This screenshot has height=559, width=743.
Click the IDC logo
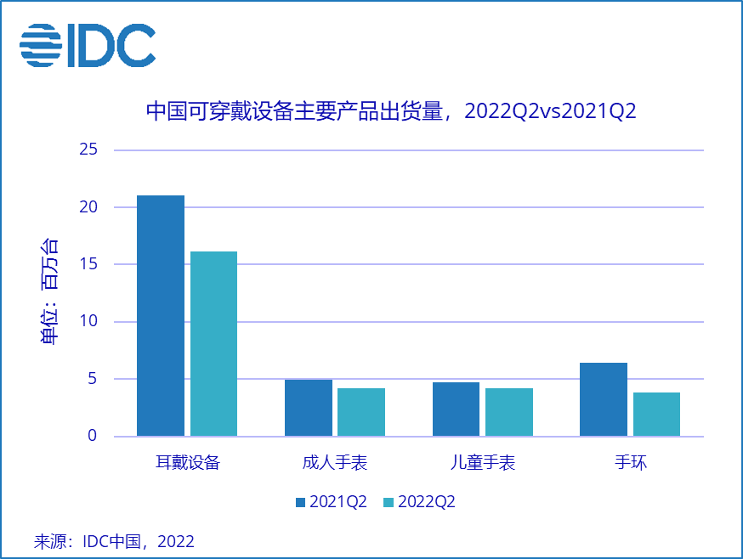click(x=88, y=45)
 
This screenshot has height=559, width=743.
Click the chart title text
click(x=391, y=112)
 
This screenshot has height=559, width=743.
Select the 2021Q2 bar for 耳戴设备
click(x=161, y=315)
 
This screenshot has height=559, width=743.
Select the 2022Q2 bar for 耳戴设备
click(x=213, y=343)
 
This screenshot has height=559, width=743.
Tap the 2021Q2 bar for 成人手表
click(x=308, y=408)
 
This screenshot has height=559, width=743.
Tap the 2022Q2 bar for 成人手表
click(x=361, y=412)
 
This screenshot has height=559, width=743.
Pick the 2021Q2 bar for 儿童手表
click(x=456, y=409)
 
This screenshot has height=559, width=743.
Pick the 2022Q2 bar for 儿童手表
click(x=509, y=412)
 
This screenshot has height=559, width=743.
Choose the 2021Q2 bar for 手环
click(x=604, y=399)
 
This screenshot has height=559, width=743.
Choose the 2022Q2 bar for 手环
click(x=656, y=415)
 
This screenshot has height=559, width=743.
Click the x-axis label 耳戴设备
click(x=187, y=463)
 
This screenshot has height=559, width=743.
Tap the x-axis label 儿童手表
click(x=483, y=463)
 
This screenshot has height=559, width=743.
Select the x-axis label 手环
click(x=631, y=463)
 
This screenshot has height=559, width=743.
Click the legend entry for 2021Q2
click(x=331, y=502)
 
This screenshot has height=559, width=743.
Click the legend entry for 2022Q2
click(x=420, y=502)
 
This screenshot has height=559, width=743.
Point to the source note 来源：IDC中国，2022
click(x=114, y=541)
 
